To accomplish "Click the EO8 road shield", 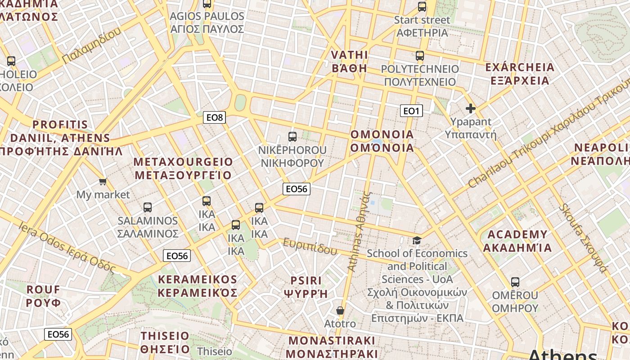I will click(x=214, y=118).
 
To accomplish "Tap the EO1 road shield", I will click(x=411, y=111).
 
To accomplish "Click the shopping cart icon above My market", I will click(x=103, y=181).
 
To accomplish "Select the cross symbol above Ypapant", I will click(x=471, y=108).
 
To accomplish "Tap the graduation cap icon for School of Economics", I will click(x=417, y=241).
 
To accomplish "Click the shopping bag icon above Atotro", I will click(x=340, y=310).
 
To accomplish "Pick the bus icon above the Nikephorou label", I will click(x=292, y=137).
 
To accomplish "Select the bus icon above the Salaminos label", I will click(x=148, y=207).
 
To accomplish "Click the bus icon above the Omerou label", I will click(x=515, y=282).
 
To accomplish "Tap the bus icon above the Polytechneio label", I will click(x=420, y=56).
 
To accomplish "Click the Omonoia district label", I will click(x=382, y=141).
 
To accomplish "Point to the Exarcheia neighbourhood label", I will click(x=520, y=74).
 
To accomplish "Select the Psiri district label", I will click(x=306, y=287).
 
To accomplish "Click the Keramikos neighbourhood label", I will click(x=198, y=286).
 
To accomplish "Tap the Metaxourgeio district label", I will click(x=183, y=168).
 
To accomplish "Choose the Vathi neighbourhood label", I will click(x=350, y=61).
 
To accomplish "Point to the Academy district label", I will click(x=517, y=241).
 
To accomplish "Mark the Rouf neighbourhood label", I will click(x=43, y=296).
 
